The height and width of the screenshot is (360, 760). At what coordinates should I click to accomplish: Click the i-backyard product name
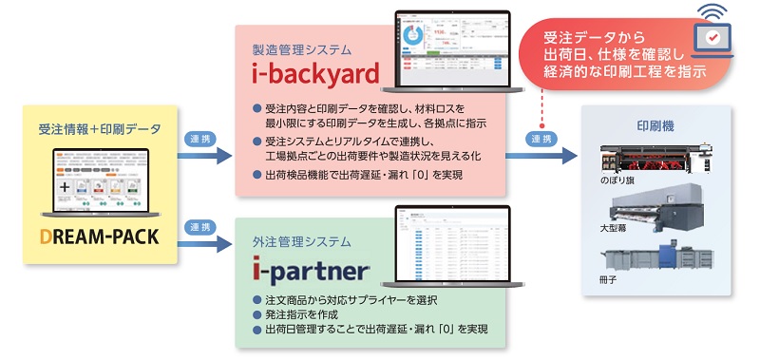[313, 73]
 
